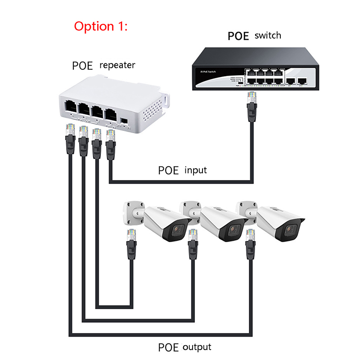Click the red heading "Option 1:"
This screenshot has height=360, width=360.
[x=101, y=26]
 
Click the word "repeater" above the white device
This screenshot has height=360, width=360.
[x=117, y=65]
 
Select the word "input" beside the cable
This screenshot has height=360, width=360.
[x=196, y=170]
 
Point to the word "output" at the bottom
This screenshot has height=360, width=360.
[x=197, y=347]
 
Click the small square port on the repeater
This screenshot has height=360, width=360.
[x=124, y=121]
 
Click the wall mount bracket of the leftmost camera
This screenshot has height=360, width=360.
[x=134, y=211]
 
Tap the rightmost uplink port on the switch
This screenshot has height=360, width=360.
[x=302, y=80]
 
